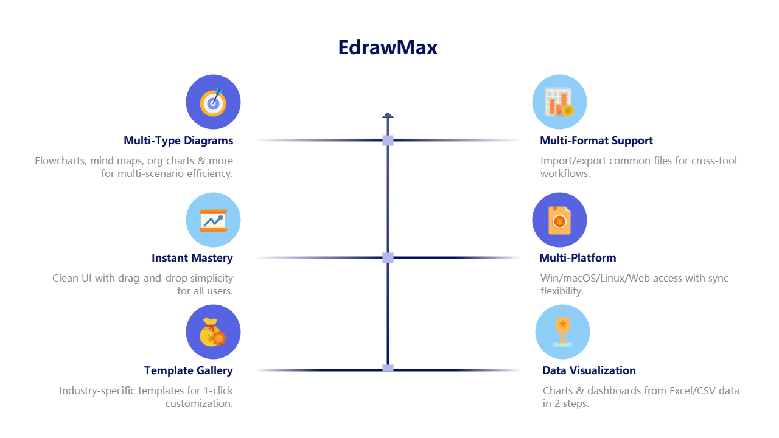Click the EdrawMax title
coord(388,47)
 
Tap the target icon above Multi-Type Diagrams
coord(213,102)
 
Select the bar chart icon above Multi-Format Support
coord(559,102)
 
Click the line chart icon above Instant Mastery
coord(213,220)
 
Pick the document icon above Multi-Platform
coord(559,220)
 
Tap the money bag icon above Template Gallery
coord(213,332)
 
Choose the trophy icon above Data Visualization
coord(562,332)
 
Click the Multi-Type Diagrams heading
coord(178,141)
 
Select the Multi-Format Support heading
coord(596,141)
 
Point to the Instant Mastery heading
coord(192,258)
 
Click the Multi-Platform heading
coord(578,258)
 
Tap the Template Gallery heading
coord(189,370)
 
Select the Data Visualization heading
coord(589,370)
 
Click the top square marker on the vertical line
coord(388,141)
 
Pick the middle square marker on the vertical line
coord(388,258)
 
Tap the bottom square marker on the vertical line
coord(388,368)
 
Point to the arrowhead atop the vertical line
coord(388,114)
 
